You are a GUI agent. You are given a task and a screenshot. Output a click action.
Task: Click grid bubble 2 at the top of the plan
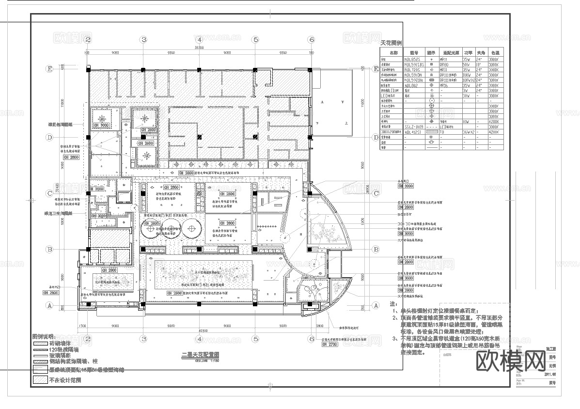click(x=88, y=40)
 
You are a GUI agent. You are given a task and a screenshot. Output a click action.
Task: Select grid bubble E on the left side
click(x=49, y=69)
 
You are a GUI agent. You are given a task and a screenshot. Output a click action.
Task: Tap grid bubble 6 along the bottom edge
click(x=311, y=339)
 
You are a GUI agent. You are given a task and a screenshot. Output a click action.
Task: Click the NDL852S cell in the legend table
click(x=414, y=58)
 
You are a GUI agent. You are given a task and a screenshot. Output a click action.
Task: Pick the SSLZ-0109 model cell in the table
click(x=414, y=126)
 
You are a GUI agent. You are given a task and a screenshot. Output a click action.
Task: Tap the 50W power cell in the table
click(x=467, y=63)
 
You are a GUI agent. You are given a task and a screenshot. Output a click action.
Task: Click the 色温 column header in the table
click(x=495, y=52)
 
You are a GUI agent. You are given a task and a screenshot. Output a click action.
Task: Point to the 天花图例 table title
click(x=392, y=43)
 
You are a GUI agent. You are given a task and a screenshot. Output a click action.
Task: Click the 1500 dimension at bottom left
click(x=82, y=326)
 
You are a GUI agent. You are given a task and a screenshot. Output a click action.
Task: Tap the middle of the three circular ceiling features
click(x=171, y=227)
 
